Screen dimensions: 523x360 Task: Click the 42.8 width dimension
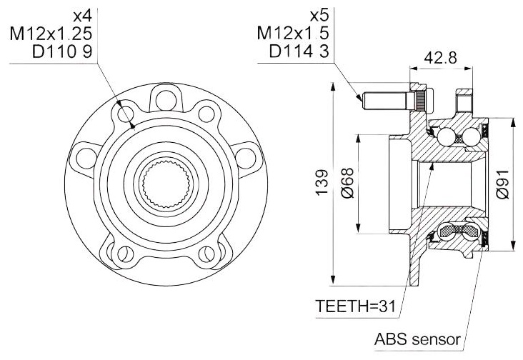(x=440, y=58)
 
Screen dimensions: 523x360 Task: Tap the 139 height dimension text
(x=322, y=183)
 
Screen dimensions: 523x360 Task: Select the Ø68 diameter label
(x=347, y=183)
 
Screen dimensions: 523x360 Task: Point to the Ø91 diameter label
(x=502, y=184)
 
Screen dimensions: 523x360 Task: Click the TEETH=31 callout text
(x=356, y=306)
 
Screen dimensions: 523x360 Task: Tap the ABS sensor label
(x=417, y=339)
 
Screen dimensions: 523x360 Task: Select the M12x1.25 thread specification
(x=51, y=34)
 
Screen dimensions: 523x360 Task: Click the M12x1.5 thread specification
(x=293, y=33)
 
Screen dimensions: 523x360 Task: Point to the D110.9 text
(x=62, y=51)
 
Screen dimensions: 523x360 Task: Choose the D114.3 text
(x=299, y=51)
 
